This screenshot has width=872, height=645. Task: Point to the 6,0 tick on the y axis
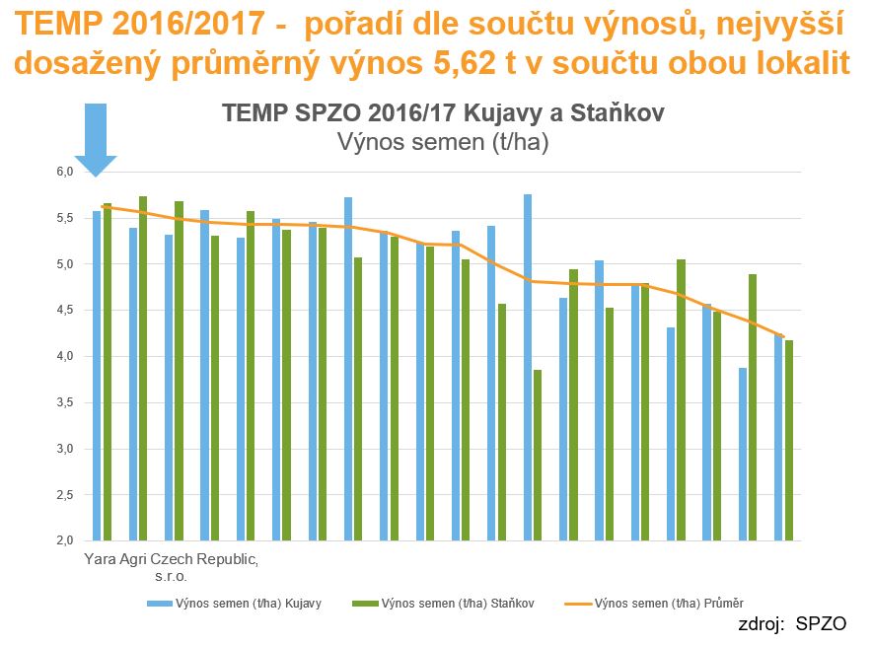click(x=64, y=172)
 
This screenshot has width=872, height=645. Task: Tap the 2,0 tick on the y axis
click(x=64, y=540)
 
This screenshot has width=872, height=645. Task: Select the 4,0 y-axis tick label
click(x=64, y=356)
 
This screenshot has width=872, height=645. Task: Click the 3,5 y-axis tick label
click(x=64, y=402)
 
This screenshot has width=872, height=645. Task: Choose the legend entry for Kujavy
click(x=234, y=603)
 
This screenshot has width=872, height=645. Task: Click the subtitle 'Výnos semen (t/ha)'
click(x=443, y=142)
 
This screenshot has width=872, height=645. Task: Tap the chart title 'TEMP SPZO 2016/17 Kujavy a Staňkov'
click(x=443, y=112)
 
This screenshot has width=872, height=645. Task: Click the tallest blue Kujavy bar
click(x=528, y=367)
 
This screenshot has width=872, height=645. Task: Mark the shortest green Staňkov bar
click(x=539, y=455)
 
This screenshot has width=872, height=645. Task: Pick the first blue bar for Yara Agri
click(x=97, y=375)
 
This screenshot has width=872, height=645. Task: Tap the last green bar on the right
click(x=789, y=440)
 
